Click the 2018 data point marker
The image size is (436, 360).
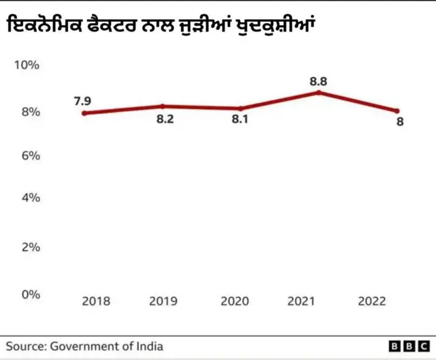84,113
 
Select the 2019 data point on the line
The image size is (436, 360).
163,106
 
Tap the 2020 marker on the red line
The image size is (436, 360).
240,108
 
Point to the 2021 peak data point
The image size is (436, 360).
318,92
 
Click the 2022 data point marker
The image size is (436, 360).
397,111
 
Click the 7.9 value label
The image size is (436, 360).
82,102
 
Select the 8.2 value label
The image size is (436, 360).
166,120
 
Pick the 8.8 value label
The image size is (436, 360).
318,81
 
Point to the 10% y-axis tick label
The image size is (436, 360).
27,65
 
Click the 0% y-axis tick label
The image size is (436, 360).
29,295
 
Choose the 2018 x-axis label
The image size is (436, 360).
95,301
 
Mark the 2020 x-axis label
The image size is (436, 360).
235,301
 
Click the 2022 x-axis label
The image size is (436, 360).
372,301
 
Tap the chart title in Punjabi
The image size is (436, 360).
163,27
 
